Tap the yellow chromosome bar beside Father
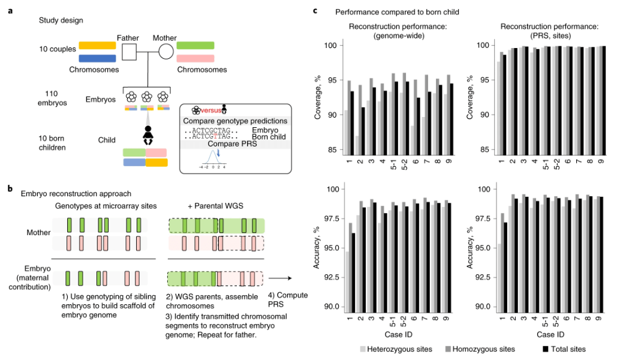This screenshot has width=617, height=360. click(x=97, y=46)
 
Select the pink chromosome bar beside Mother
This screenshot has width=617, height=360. click(x=195, y=58)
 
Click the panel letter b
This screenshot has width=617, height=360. click(x=10, y=188)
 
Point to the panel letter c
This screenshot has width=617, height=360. click(x=317, y=10)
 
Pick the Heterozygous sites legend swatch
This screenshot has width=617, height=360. click(x=363, y=348)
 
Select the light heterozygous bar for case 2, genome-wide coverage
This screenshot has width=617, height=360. click(x=359, y=145)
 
